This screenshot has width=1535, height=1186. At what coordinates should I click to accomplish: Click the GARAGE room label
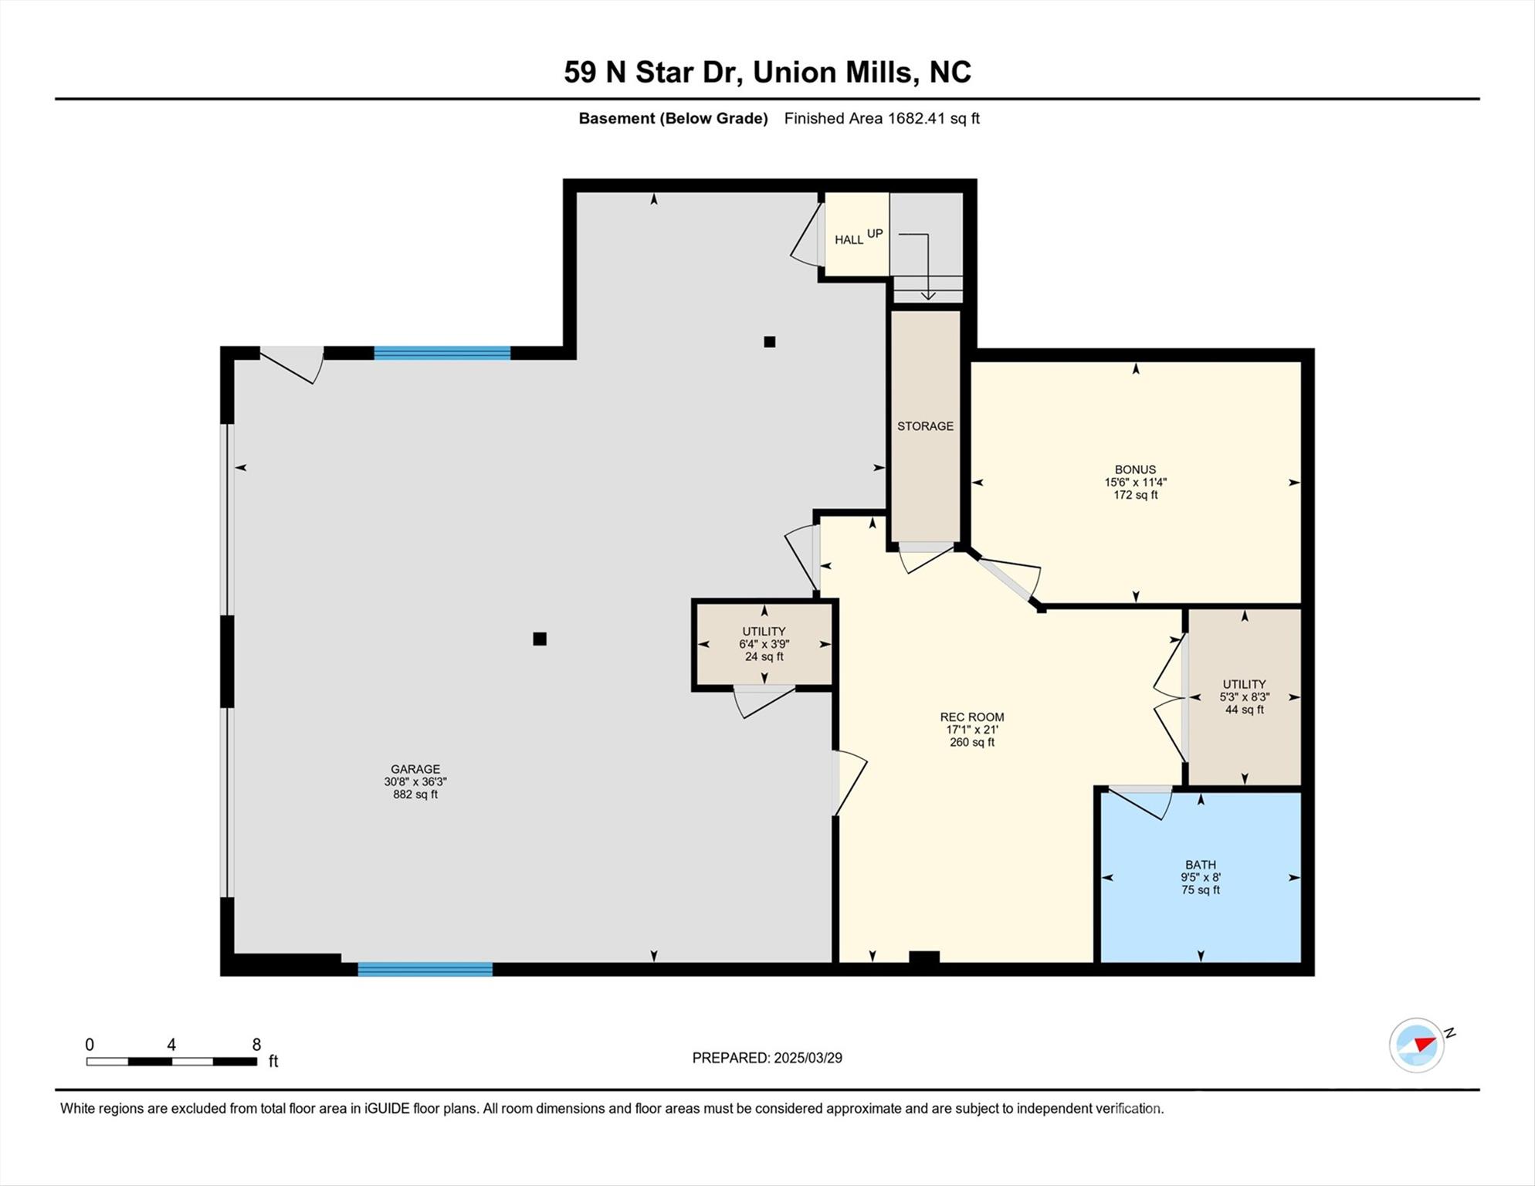coord(415,769)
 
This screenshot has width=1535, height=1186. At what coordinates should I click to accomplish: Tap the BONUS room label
coord(1135,469)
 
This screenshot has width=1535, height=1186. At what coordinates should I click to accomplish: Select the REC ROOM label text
coord(972,717)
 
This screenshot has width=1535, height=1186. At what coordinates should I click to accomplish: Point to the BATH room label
coord(1201,865)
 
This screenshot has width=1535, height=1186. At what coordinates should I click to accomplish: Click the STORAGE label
coord(925,426)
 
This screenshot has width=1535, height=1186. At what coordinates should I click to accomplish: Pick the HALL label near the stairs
coord(849,240)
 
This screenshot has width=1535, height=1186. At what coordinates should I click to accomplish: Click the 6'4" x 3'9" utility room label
coord(764,644)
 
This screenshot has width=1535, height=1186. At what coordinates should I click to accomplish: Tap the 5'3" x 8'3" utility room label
coord(1244,696)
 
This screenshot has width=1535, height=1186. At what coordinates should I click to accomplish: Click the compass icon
coord(1417,1045)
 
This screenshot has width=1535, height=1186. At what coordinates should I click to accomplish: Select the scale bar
coord(171,1062)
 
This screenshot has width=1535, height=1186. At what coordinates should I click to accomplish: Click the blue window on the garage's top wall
coord(442,354)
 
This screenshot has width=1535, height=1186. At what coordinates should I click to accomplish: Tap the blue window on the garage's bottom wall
coord(425,969)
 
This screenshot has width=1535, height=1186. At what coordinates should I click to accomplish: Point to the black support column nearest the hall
coord(769,341)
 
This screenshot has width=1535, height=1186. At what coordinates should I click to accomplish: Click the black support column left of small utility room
coord(540,639)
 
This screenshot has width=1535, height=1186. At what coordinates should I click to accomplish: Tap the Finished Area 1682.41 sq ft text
coord(882,119)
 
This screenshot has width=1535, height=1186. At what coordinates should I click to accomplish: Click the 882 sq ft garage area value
coord(415,795)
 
